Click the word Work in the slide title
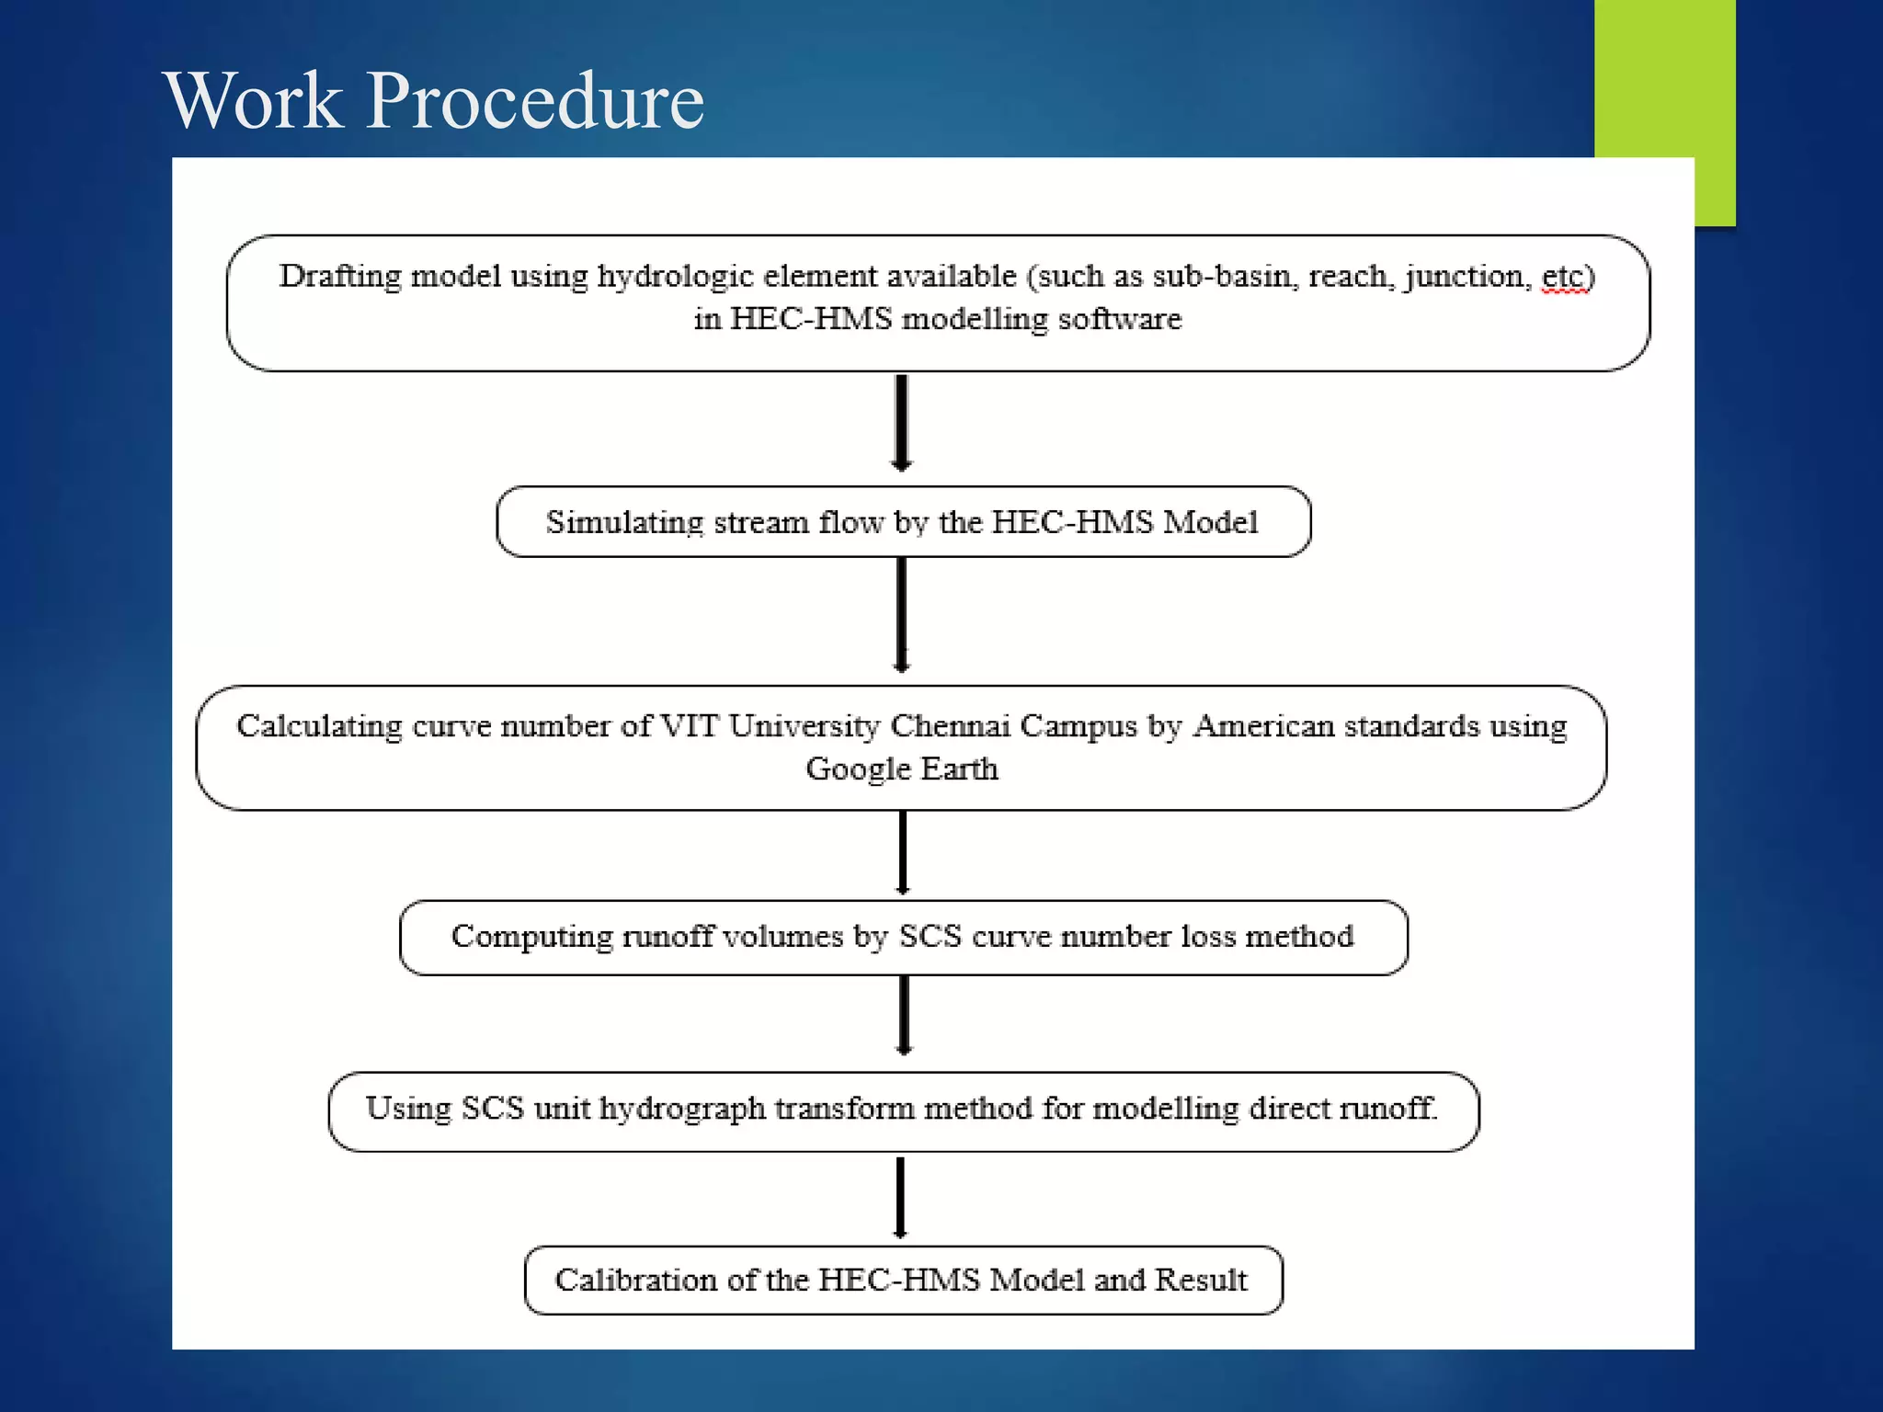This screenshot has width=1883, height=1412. pos(254,101)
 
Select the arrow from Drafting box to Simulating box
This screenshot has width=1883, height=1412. pos(902,423)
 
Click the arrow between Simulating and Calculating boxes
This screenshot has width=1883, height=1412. pos(902,614)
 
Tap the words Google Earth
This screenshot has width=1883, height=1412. pos(902,769)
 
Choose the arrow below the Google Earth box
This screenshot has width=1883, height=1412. pos(903,852)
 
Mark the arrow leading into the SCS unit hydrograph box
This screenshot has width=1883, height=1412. pos(904,1014)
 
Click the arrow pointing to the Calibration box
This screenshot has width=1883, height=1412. pos(900,1197)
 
